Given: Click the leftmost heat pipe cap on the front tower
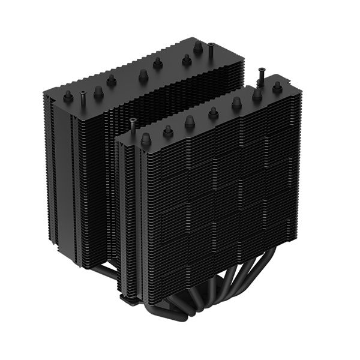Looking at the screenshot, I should tap(145, 139).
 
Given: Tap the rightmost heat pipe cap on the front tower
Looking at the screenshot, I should tap(277, 88).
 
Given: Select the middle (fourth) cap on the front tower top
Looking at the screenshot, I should tap(213, 112).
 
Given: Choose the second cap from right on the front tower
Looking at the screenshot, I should tap(257, 95).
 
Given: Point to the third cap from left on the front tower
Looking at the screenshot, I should tap(190, 121).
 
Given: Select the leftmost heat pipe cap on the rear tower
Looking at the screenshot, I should tap(68, 96).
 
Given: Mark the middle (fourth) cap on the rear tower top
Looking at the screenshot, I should tap(143, 75).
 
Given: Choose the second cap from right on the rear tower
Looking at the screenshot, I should tap(186, 59).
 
